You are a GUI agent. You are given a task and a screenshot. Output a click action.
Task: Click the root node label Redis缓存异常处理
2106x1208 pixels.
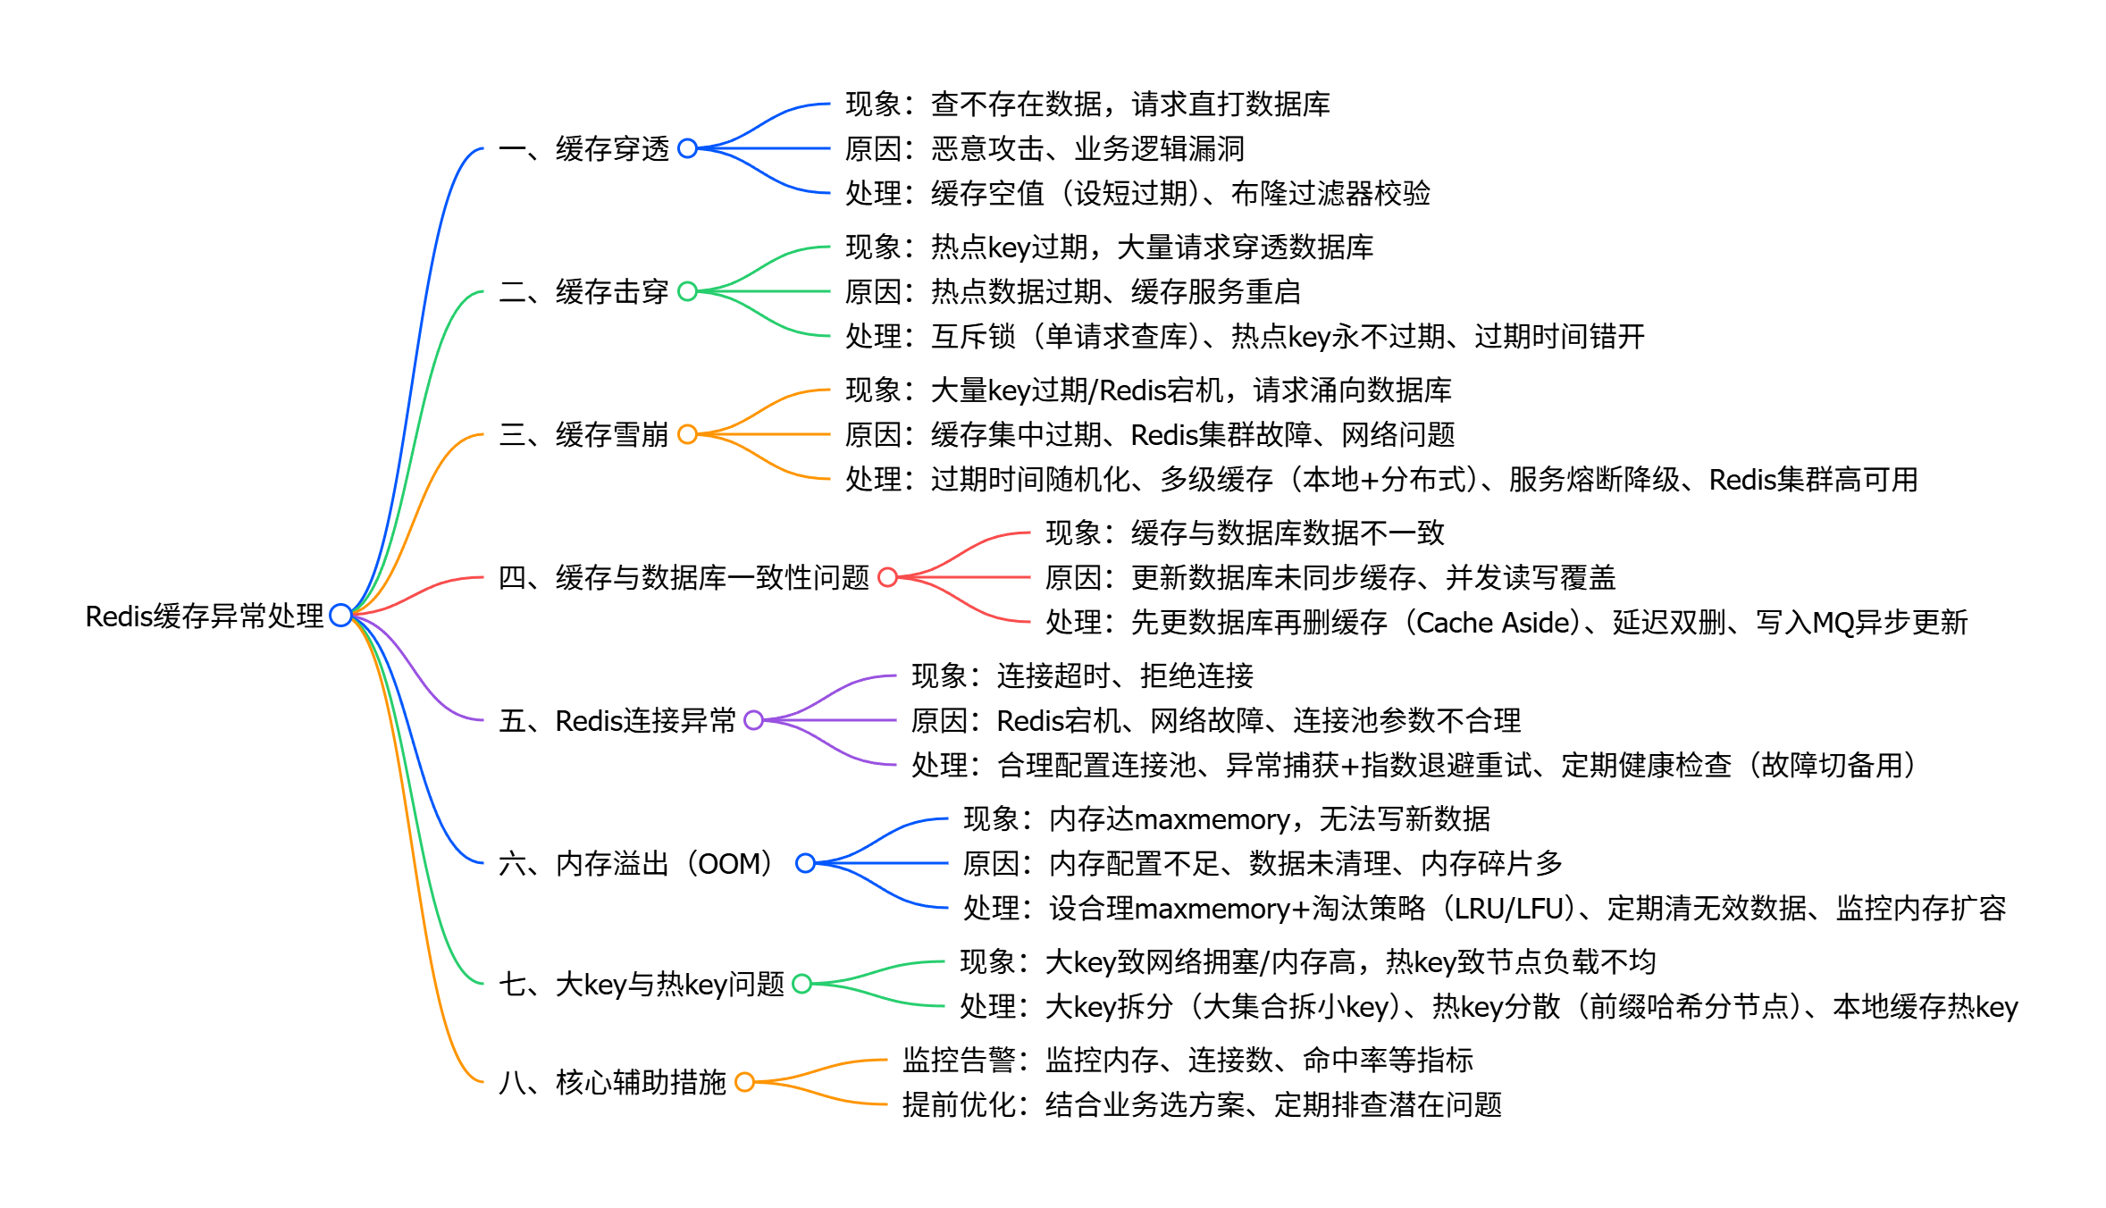click(204, 616)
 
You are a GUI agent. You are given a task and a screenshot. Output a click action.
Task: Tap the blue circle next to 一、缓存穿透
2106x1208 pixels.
click(687, 148)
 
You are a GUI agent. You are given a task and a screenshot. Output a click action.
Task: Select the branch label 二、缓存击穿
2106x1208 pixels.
click(583, 291)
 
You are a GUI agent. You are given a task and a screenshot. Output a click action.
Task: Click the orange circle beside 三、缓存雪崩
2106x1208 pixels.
click(687, 434)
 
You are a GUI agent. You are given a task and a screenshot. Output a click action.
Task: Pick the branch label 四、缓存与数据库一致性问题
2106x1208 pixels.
click(684, 577)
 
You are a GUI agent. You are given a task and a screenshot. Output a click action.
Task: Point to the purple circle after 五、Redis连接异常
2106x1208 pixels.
click(753, 720)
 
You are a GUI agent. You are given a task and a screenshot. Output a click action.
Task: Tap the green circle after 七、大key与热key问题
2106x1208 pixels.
click(801, 984)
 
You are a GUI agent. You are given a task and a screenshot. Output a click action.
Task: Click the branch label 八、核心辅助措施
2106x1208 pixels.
click(612, 1082)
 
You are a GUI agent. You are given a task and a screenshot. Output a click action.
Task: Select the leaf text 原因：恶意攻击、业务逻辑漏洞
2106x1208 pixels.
click(1045, 148)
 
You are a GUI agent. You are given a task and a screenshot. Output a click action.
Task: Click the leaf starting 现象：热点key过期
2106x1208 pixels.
click(1109, 247)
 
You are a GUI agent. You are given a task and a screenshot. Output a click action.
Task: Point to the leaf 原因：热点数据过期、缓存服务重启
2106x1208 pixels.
click(1072, 291)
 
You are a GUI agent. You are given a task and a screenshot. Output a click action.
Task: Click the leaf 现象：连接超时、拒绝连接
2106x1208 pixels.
click(1082, 675)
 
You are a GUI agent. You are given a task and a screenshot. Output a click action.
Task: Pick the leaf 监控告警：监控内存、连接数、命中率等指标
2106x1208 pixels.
click(1187, 1060)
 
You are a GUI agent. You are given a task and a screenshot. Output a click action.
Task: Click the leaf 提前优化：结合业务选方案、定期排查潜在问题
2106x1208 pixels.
click(1202, 1104)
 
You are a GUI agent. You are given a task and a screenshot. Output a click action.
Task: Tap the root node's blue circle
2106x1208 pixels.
click(340, 615)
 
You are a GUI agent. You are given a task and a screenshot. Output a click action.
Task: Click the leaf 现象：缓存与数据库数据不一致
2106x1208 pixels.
click(1245, 533)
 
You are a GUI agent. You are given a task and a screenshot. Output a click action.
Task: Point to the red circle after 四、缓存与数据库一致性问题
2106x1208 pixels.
click(887, 577)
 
